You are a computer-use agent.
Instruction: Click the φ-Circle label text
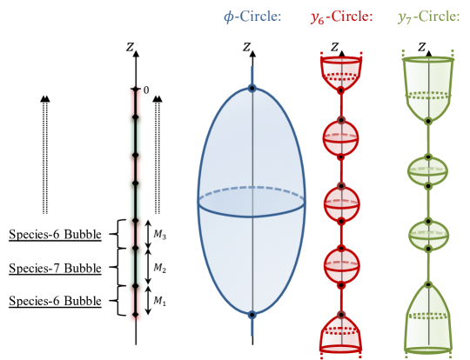[252, 17]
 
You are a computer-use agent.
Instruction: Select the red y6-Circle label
[341, 17]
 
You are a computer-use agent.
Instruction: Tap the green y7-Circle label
[427, 17]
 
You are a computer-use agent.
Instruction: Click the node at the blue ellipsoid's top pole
[252, 88]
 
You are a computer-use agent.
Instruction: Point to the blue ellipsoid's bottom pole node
[252, 315]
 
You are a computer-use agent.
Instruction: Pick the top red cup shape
[340, 73]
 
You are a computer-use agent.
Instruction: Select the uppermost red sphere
[340, 137]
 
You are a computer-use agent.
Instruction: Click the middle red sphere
[340, 203]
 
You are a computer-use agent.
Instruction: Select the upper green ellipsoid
[427, 170]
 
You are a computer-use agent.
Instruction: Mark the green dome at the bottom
[427, 320]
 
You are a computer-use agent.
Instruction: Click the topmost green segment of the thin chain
[135, 137]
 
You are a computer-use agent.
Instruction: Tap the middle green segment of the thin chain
[135, 202]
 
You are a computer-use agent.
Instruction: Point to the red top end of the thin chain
[135, 96]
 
